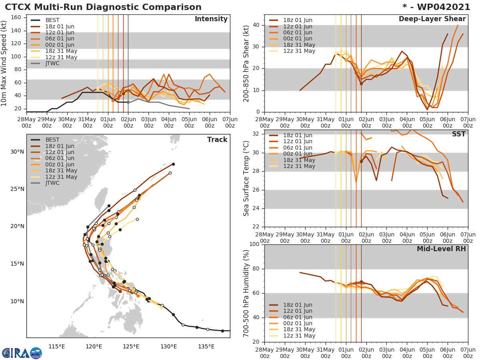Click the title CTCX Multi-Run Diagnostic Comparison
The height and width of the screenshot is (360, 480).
[103, 7]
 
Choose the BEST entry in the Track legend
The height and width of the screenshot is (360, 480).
[52, 140]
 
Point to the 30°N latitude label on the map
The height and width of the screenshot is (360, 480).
[17, 152]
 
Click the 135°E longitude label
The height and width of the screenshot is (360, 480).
[204, 346]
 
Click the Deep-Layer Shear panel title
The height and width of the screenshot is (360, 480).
[432, 19]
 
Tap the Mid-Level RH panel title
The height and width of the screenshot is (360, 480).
[441, 249]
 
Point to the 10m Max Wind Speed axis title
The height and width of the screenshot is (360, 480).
[4, 63]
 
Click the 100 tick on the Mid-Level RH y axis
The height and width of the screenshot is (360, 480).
[253, 244]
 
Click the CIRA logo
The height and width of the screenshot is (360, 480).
[22, 353]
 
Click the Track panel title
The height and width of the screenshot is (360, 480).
[217, 140]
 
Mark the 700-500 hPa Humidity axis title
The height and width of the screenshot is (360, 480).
[246, 294]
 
